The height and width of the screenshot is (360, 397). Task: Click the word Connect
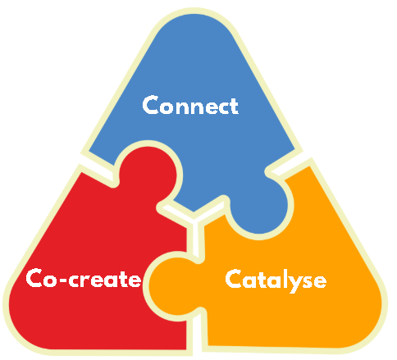pos(190,105)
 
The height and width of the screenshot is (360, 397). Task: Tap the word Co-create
pos(84,278)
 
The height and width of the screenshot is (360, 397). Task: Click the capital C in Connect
pos(151,105)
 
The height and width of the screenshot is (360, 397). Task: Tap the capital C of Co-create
pos(34,278)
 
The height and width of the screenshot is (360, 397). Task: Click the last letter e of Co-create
pos(135,280)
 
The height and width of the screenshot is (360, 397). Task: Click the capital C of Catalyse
pos(234,278)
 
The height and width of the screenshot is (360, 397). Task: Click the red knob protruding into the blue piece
pos(148,173)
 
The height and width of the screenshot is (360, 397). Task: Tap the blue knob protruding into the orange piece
pos(259,207)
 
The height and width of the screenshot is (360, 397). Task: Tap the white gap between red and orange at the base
pos(196,335)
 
